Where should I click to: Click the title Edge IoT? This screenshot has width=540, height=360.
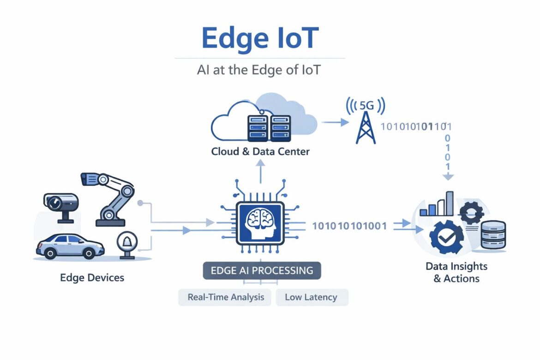[x=259, y=38]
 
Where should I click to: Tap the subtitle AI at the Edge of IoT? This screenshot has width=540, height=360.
[x=259, y=71]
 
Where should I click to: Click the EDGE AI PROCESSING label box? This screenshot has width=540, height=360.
[x=262, y=270]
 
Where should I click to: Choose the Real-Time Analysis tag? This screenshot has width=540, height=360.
[x=226, y=297]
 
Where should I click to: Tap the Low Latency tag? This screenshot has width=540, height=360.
[x=311, y=297]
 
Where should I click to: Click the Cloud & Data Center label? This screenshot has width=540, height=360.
[x=260, y=151]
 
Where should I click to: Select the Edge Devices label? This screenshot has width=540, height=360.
[x=92, y=278]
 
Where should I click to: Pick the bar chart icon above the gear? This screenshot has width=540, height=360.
[x=437, y=204]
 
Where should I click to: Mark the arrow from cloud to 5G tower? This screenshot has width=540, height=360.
[x=335, y=122]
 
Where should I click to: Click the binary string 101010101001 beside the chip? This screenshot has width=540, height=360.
[x=349, y=226]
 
